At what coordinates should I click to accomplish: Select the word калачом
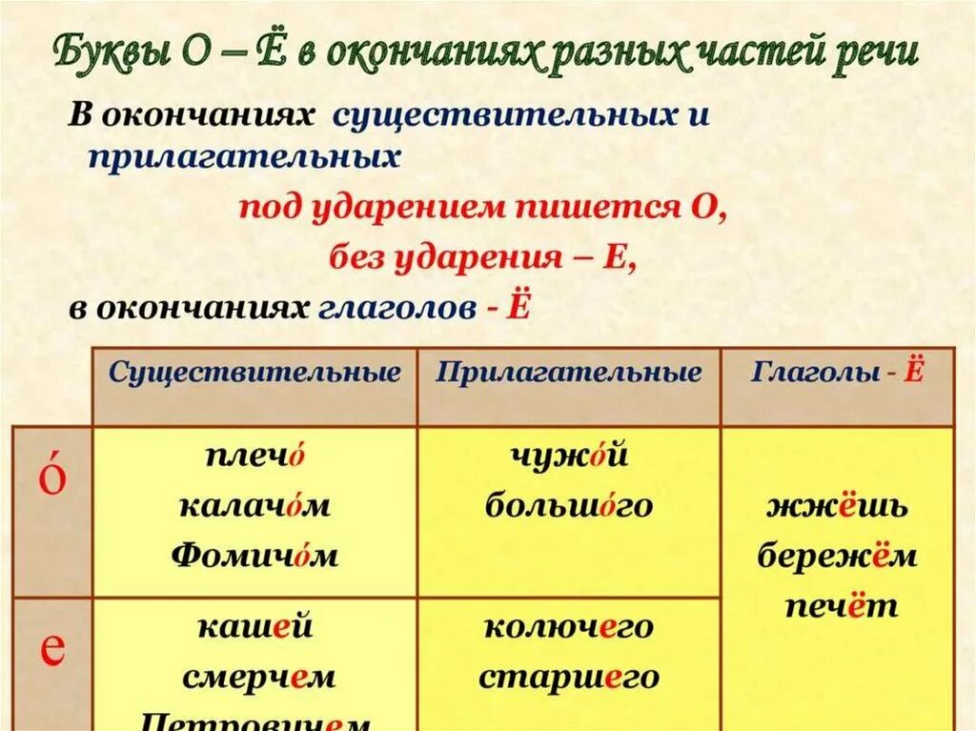(254, 505)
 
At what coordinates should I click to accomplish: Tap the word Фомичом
(254, 555)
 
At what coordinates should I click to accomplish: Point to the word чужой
(569, 456)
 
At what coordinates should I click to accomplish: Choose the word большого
(569, 505)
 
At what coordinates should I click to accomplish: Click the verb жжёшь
(838, 506)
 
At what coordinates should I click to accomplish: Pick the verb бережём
(838, 556)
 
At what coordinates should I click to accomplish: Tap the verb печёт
(838, 605)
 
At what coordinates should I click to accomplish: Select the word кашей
(254, 627)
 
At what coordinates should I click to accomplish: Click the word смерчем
(257, 677)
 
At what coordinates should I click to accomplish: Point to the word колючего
(569, 627)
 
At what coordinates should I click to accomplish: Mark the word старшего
(569, 677)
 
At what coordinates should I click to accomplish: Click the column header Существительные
(254, 373)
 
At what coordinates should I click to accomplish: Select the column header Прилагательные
(569, 373)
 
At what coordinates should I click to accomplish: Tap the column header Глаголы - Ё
(838, 373)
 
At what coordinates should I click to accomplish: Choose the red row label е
(52, 649)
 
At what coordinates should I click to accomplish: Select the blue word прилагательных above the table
(243, 157)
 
